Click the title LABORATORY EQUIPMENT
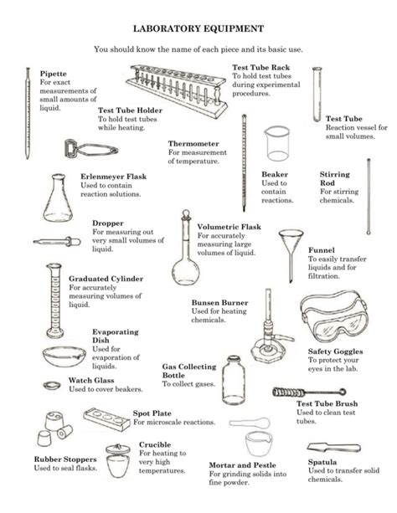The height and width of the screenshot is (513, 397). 198,27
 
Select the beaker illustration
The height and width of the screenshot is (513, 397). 278,143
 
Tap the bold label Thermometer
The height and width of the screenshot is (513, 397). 193,143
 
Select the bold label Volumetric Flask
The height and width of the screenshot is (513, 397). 229,227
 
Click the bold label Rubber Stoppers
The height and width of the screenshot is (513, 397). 64,459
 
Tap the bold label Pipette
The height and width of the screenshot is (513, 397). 53,74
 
